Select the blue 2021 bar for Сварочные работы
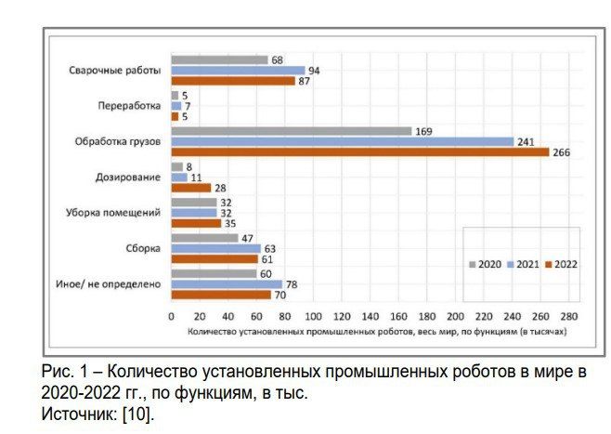point(238,71)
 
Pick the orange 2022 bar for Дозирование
point(190,188)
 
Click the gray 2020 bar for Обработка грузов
point(291,131)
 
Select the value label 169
point(424,131)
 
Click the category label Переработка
point(130,106)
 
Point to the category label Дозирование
point(128,177)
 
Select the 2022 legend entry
point(564,265)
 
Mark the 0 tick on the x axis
point(172,317)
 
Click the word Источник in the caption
point(75,413)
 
